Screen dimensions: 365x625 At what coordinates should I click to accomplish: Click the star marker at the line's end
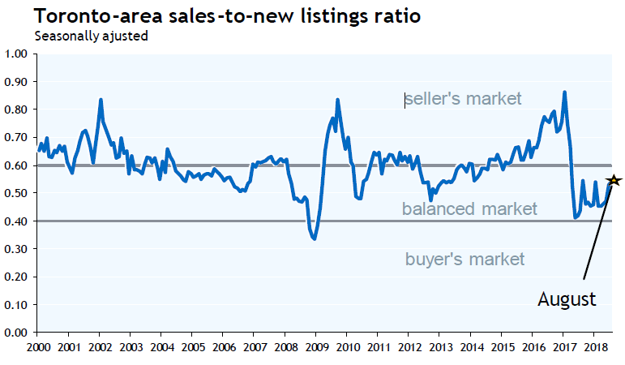coord(614,180)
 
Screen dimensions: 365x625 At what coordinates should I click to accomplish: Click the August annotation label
coord(567,298)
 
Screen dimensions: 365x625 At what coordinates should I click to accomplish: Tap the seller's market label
coord(463,99)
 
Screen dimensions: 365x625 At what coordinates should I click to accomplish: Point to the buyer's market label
coord(464,260)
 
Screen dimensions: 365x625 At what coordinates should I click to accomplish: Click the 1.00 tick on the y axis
coord(16,54)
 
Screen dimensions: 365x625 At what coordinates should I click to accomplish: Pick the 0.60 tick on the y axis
coord(16,165)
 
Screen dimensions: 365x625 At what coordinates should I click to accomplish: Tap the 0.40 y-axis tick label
coord(16,221)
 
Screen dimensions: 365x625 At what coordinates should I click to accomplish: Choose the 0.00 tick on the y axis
coord(16,333)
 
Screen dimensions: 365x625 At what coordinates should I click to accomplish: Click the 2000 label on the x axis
coord(37,348)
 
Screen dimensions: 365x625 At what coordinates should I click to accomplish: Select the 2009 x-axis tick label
coord(315,348)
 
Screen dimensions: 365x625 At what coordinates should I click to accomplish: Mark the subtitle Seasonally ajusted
coord(91,36)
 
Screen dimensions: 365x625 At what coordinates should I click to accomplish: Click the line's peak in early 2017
coord(564,92)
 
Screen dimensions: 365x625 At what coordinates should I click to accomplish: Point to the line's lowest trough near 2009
coord(315,238)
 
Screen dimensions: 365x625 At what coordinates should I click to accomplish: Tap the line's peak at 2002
coord(100,100)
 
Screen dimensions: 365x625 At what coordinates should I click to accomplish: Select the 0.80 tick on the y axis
coord(16,109)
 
